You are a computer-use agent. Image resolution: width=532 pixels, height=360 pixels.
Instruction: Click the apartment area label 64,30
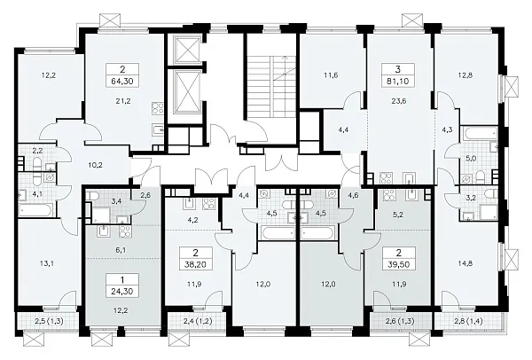(x=122, y=82)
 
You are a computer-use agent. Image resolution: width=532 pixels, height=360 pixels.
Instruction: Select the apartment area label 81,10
(x=398, y=82)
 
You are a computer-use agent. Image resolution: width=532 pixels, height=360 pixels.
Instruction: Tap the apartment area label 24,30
(x=122, y=291)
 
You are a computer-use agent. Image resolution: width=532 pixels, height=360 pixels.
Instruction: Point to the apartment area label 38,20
(x=196, y=264)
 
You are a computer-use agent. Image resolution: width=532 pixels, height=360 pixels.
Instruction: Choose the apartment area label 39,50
(x=398, y=264)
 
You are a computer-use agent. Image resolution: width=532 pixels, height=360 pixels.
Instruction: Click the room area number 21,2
(x=123, y=101)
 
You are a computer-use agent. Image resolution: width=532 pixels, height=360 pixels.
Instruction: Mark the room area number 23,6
(x=398, y=101)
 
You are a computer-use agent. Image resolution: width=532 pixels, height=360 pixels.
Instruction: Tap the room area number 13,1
(x=49, y=263)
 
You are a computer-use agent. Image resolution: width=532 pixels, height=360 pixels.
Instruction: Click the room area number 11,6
(x=331, y=75)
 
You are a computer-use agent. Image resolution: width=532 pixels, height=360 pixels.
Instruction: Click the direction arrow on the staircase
(x=280, y=67)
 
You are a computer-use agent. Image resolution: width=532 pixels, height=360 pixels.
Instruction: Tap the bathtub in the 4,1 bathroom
(x=35, y=210)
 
